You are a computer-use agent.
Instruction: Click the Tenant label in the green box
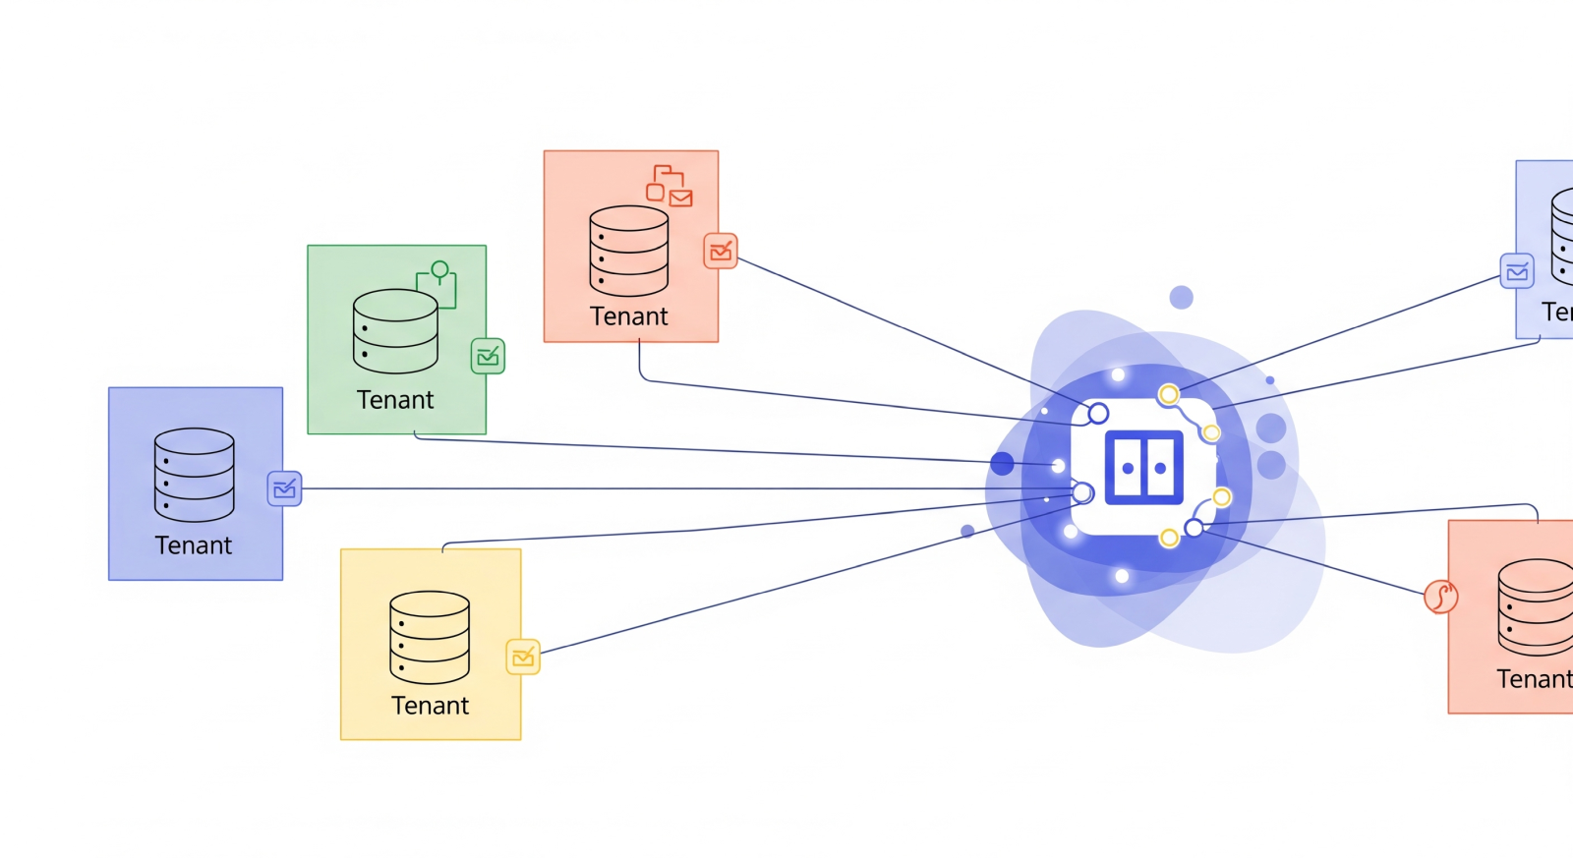tap(394, 400)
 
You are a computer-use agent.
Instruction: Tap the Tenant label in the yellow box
tap(430, 706)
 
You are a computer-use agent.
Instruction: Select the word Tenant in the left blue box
tap(193, 545)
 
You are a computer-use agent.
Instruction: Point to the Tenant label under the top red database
tap(628, 316)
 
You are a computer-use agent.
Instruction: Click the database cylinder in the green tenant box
tap(395, 331)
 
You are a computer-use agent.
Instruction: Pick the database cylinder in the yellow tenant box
tap(430, 637)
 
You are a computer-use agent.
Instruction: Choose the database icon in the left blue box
tap(194, 475)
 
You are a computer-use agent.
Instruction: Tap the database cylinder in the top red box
tap(628, 251)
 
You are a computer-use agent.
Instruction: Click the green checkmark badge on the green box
tap(488, 356)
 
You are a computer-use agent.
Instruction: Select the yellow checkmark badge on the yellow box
tap(523, 657)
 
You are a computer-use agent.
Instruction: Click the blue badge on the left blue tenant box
tap(284, 488)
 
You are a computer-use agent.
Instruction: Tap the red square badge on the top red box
tap(721, 252)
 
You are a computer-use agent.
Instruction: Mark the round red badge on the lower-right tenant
tap(1440, 596)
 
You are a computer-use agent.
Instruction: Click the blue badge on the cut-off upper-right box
tap(1517, 271)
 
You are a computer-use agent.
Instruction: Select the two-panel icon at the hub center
tap(1143, 468)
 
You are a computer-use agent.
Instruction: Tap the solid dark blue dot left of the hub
tap(1002, 464)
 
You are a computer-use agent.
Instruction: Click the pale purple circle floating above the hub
tap(1181, 298)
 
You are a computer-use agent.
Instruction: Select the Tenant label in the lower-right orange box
tap(1534, 679)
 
